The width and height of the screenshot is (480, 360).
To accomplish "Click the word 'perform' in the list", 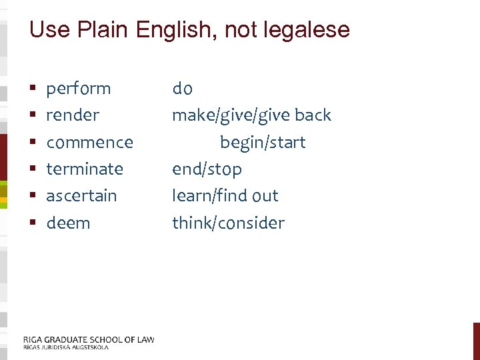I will (78, 89).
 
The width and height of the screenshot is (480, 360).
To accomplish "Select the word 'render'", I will (73, 115).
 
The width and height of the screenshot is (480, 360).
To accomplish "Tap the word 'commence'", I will (89, 143).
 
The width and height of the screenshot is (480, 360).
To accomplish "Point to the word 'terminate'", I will (85, 169).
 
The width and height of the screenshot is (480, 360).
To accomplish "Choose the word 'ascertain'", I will (81, 196).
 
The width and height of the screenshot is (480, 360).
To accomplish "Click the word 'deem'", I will (68, 223).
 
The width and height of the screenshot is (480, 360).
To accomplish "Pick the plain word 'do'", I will (182, 89).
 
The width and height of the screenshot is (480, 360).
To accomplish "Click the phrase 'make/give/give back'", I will (251, 115).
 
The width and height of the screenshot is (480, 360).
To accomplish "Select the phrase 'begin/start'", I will (263, 143).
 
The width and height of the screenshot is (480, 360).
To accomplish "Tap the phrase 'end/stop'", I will (207, 169).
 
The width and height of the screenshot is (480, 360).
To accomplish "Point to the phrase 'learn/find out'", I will (225, 196).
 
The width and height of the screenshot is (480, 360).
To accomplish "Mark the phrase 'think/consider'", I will (228, 223).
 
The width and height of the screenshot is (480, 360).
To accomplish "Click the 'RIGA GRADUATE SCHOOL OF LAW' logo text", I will (88, 339).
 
